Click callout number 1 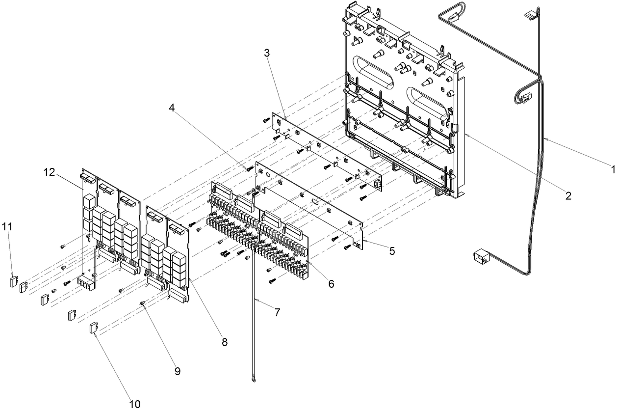coord(613,169)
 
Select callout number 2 coord(568,196)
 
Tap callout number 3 coord(267,53)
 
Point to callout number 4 coord(172,108)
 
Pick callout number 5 coord(392,251)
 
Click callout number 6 coord(331,284)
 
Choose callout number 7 coord(277,312)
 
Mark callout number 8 coord(225,342)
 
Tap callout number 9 coord(178,371)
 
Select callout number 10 coord(135,404)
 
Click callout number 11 coord(7,227)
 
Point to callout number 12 coord(50,172)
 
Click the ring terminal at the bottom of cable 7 coord(253,381)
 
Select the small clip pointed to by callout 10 coord(94,328)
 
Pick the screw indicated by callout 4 coord(250,168)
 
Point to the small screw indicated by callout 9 coord(143,303)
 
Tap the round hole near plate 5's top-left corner coord(267,174)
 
